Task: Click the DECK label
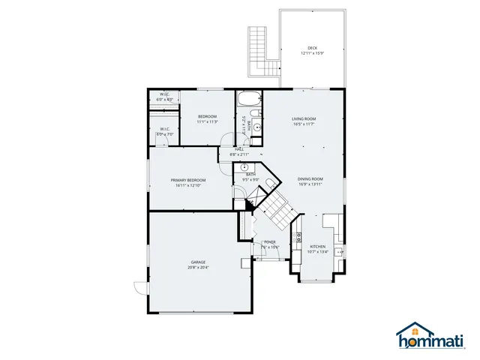click(x=312, y=48)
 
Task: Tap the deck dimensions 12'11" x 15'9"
click(x=312, y=53)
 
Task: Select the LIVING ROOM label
click(x=304, y=119)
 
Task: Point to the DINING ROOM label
click(x=310, y=178)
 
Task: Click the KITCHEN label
click(x=318, y=247)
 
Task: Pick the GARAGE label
click(x=198, y=262)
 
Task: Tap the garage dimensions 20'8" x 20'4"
click(x=198, y=267)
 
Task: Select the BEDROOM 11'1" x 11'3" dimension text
click(x=207, y=121)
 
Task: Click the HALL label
click(x=239, y=149)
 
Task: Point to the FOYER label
click(x=270, y=242)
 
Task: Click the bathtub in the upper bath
click(x=247, y=98)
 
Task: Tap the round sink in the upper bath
click(x=256, y=127)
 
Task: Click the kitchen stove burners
click(x=298, y=239)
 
